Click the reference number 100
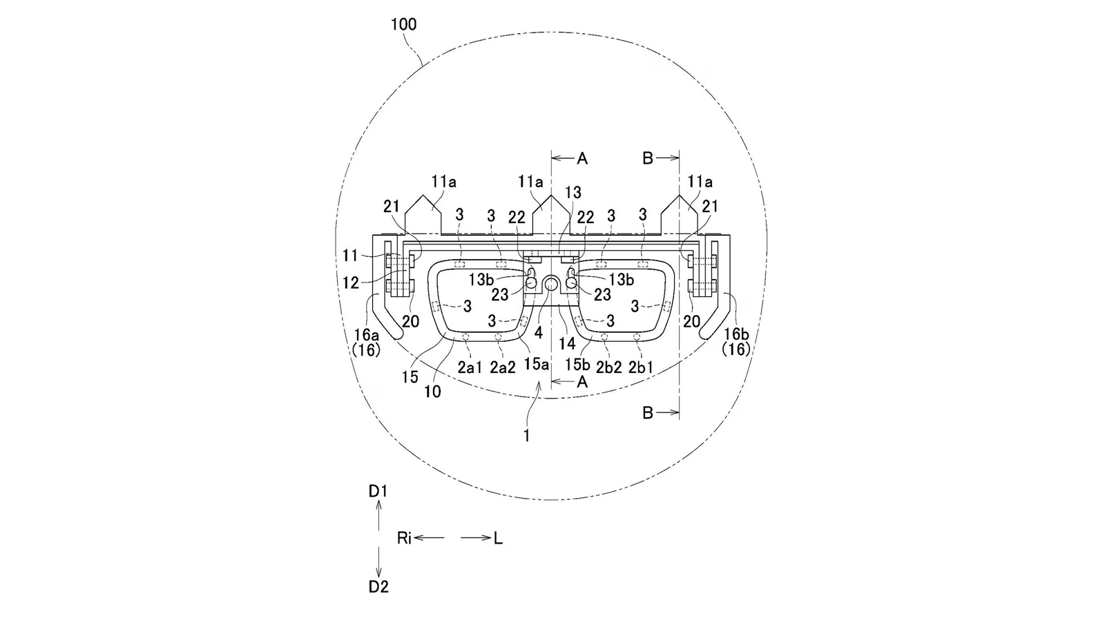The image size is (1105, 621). click(403, 24)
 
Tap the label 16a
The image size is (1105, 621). click(365, 335)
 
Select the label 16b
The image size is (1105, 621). click(736, 334)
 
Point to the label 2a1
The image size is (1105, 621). click(470, 367)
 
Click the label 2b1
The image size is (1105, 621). click(640, 367)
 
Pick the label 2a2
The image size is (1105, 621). click(503, 367)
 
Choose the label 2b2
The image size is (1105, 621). click(608, 367)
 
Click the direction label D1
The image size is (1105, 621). click(378, 491)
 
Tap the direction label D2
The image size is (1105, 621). click(378, 586)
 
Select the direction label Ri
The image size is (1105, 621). click(404, 537)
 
